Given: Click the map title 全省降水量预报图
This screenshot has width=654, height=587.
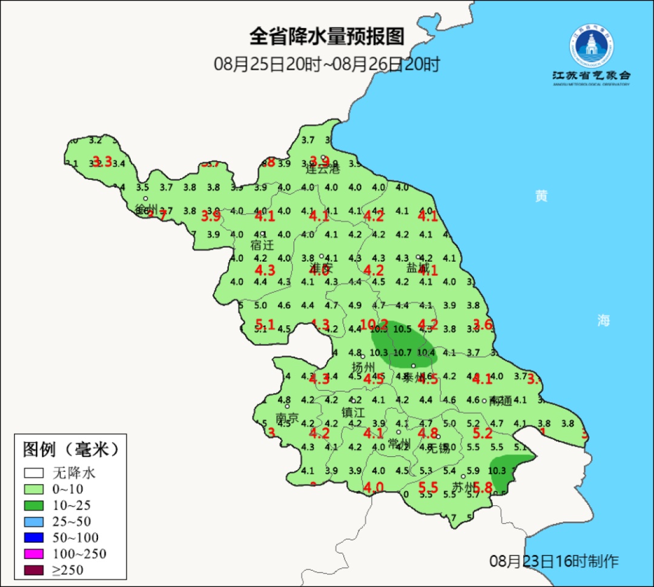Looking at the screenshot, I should (x=326, y=37).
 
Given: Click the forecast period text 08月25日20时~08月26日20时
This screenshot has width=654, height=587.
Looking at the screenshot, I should (x=326, y=64).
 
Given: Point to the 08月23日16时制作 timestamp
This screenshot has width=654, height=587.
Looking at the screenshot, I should (x=554, y=561).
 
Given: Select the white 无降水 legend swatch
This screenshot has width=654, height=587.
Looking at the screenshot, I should (x=34, y=473).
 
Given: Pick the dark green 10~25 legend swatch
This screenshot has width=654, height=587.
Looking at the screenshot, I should (x=34, y=505).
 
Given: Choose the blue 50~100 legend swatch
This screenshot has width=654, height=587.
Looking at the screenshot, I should (x=34, y=537).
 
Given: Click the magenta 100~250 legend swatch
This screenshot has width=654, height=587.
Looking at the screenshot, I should (x=34, y=554).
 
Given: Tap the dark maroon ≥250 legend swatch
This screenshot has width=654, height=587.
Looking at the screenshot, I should (x=34, y=570).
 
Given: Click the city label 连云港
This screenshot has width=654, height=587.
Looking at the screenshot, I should (x=323, y=169).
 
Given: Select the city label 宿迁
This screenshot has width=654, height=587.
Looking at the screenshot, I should (x=262, y=245).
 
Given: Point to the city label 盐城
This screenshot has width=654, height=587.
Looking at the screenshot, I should (x=418, y=268).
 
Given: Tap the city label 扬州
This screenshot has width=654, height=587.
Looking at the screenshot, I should (x=365, y=367).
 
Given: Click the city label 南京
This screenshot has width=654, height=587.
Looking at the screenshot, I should (x=287, y=418).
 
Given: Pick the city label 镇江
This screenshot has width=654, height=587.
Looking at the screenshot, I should (x=353, y=412).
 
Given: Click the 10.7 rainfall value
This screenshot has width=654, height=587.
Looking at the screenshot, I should (x=402, y=353).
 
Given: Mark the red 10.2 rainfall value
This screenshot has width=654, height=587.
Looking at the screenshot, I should (x=374, y=325).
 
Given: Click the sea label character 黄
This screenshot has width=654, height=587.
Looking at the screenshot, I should (x=541, y=196).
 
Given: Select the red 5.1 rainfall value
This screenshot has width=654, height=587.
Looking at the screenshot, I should (x=265, y=324).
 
